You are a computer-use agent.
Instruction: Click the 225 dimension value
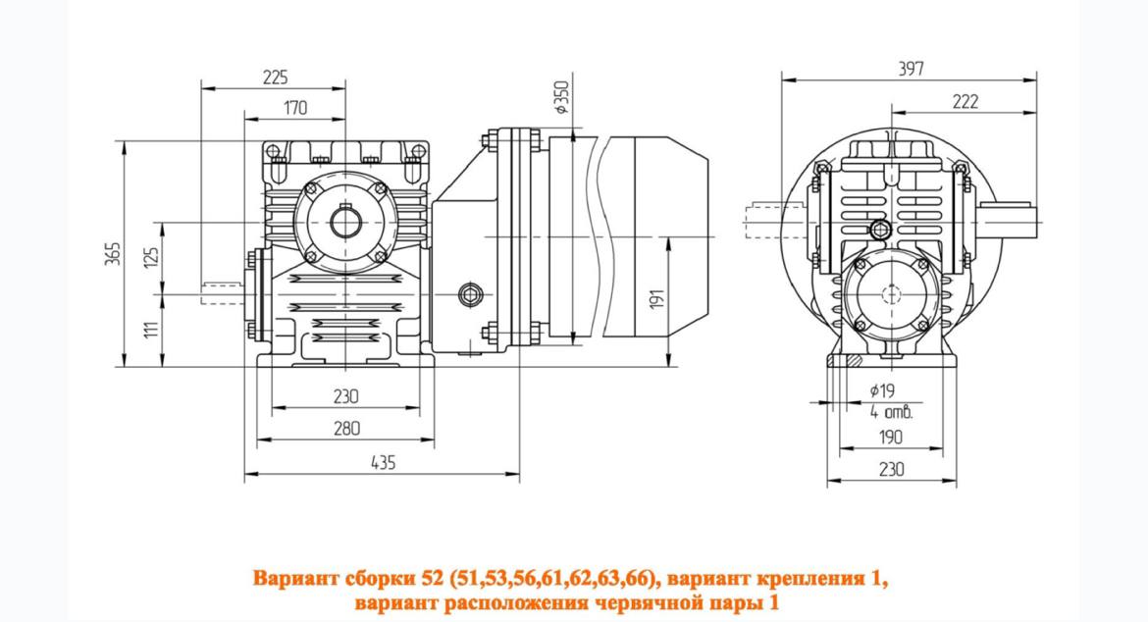pyautogui.click(x=275, y=77)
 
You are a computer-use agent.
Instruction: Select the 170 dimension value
pyautogui.click(x=295, y=108)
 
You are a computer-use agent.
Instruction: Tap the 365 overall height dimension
pyautogui.click(x=112, y=252)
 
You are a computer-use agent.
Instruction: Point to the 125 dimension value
pyautogui.click(x=150, y=258)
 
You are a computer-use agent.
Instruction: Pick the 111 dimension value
pyautogui.click(x=151, y=329)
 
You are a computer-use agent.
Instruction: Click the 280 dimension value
pyautogui.click(x=345, y=428)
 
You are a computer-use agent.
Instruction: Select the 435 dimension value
pyautogui.click(x=383, y=462)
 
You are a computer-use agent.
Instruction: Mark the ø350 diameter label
pyautogui.click(x=561, y=96)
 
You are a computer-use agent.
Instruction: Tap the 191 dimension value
pyautogui.click(x=656, y=298)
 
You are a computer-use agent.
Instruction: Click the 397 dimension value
pyautogui.click(x=911, y=69)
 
